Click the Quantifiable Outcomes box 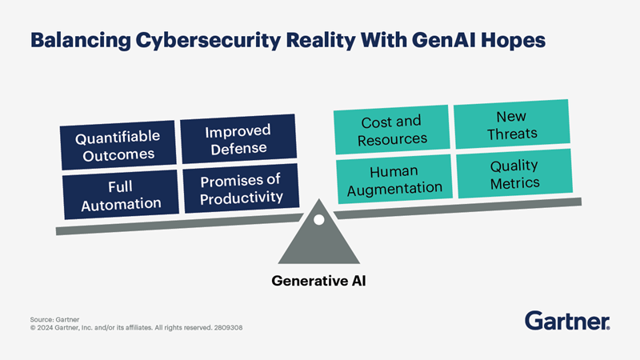(118, 146)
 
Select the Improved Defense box (238, 139)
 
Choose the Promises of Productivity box (239, 188)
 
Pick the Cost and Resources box (391, 131)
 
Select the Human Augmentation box (395, 180)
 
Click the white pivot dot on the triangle (318, 220)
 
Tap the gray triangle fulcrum (318, 244)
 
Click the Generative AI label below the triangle (318, 281)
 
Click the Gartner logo (567, 321)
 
